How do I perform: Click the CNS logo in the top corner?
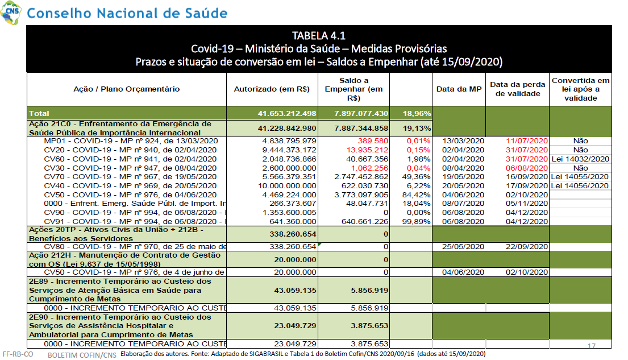11,13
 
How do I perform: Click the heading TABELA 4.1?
319,36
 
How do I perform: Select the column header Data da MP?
459,89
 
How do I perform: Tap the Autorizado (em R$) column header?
272,89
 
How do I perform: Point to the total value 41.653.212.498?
287,113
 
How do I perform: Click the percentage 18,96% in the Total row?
417,113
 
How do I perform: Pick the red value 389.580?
373,141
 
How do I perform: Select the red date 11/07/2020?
527,141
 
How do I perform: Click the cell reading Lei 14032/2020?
580,159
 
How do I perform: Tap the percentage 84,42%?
416,195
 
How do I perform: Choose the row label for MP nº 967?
130,177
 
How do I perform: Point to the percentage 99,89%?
416,222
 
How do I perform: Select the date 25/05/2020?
463,247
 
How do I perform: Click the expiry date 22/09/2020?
527,247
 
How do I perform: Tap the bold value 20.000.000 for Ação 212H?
295,260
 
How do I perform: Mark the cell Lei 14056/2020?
580,186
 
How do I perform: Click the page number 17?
591,346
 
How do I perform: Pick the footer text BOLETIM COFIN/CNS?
82,355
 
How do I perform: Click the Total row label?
39,113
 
